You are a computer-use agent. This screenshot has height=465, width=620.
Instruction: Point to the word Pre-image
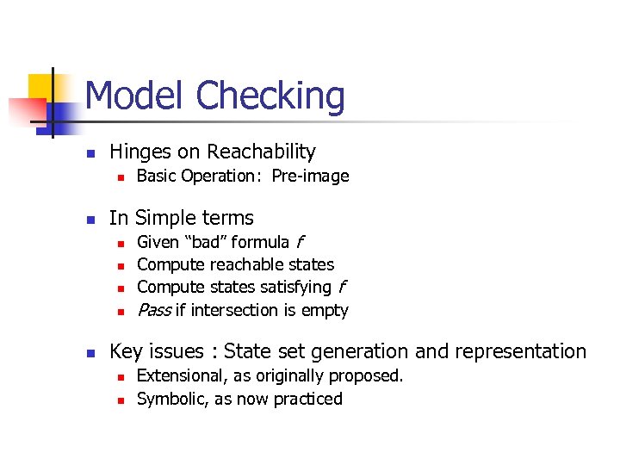(310, 177)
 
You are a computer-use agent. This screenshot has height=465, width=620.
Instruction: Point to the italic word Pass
(153, 310)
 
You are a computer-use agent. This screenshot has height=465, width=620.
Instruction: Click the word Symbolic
(170, 399)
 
